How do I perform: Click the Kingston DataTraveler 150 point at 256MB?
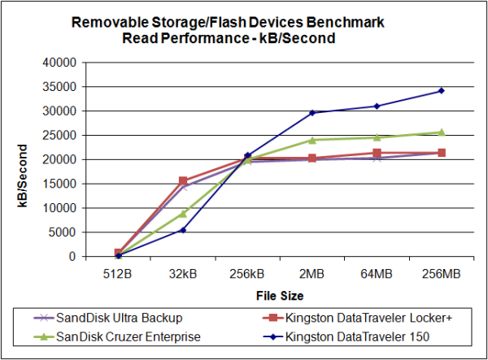[442, 90]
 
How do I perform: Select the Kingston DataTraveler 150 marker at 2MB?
[312, 112]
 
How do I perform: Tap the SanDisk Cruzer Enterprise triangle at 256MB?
[442, 132]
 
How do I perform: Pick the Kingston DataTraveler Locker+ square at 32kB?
[183, 181]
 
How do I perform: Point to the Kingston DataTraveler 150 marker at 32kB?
[183, 230]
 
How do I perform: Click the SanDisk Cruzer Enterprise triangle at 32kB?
[183, 213]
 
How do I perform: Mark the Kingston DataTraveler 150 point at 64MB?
[377, 106]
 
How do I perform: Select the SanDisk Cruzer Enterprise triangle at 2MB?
[312, 140]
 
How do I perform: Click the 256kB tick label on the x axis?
[247, 272]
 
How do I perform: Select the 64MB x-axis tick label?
[377, 272]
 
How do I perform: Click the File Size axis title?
[280, 294]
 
